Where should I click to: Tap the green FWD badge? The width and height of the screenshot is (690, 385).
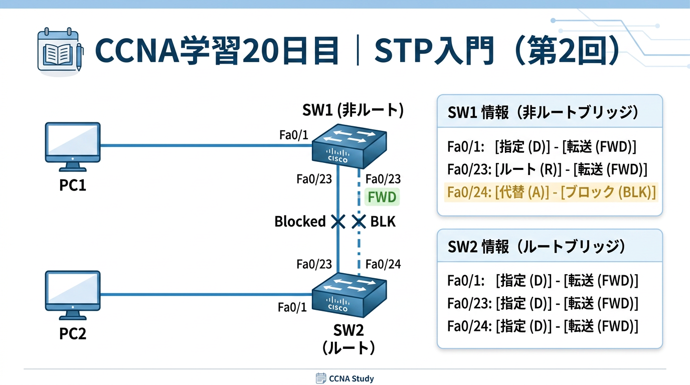point(382,197)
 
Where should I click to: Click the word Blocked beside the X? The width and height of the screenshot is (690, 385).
point(300,221)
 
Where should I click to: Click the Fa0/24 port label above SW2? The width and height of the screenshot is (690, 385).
point(383,264)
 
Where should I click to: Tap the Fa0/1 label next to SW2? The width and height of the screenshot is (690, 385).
point(292,307)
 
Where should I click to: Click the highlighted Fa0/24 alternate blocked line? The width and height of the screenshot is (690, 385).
point(550,192)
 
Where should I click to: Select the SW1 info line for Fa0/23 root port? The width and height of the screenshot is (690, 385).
point(547,169)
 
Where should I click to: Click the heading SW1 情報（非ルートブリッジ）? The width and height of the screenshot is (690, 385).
point(543,112)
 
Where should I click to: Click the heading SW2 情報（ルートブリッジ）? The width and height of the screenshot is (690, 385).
point(537,246)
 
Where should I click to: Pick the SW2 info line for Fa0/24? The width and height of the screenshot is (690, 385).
point(543,326)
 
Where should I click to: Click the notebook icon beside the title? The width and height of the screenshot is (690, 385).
point(59,52)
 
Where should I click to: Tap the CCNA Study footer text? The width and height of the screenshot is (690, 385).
point(351,378)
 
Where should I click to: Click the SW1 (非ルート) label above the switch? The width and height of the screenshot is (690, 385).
point(353,110)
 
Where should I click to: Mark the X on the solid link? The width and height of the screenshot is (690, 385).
point(338,221)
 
